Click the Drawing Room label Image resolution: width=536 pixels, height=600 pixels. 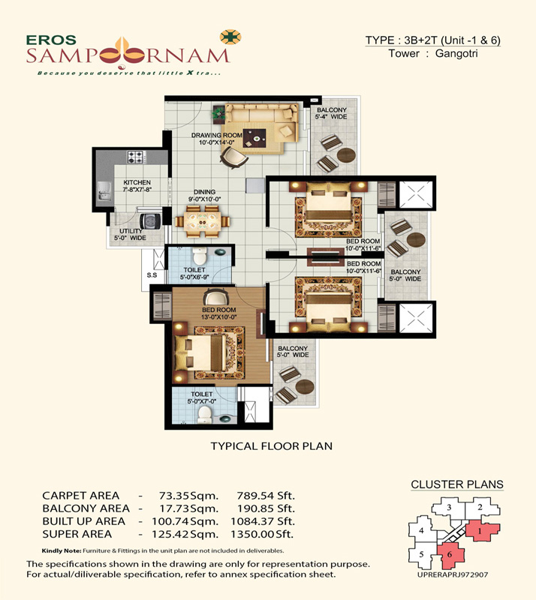pyautogui.click(x=216, y=139)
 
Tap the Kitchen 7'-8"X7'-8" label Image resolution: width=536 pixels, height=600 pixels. pyautogui.click(x=137, y=186)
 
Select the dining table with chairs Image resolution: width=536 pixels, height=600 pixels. pyautogui.click(x=202, y=221)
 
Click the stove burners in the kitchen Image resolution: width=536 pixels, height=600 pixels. pyautogui.click(x=136, y=157)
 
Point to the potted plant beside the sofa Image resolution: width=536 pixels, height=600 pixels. pyautogui.click(x=218, y=113)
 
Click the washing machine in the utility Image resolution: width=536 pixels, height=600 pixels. pyautogui.click(x=149, y=220)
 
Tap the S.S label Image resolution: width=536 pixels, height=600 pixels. pyautogui.click(x=152, y=275)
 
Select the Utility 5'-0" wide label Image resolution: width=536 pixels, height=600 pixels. pyautogui.click(x=131, y=235)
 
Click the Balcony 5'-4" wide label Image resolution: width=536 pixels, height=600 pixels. pyautogui.click(x=331, y=113)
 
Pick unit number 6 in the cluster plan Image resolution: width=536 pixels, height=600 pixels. pyautogui.click(x=450, y=554)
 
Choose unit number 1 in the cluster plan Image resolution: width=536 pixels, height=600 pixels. pyautogui.click(x=479, y=531)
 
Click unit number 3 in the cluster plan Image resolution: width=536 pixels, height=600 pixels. pyautogui.click(x=449, y=508)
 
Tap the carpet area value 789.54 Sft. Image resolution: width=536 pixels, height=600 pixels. pyautogui.click(x=266, y=496)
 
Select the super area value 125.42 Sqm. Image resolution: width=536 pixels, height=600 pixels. pyautogui.click(x=185, y=534)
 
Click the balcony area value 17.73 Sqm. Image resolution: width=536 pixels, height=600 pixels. pyautogui.click(x=188, y=508)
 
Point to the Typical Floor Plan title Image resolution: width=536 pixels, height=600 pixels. pyautogui.click(x=272, y=446)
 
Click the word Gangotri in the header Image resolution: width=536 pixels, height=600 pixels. pyautogui.click(x=456, y=53)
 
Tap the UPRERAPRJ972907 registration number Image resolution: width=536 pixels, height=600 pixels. pyautogui.click(x=453, y=574)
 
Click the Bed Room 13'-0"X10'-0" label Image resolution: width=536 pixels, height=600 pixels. pyautogui.click(x=218, y=313)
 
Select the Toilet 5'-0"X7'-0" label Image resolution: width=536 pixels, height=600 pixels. pyautogui.click(x=201, y=397)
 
